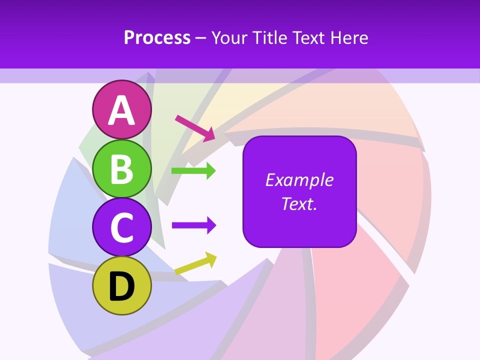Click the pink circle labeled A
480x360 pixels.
tap(121, 110)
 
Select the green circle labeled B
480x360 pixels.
tap(121, 169)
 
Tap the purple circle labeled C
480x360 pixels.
tap(121, 227)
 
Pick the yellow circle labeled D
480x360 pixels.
tap(121, 286)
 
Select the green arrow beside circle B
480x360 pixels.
tap(193, 171)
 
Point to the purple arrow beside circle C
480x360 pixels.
tap(193, 225)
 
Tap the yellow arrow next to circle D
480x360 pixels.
tap(195, 263)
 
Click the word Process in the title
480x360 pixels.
tap(157, 37)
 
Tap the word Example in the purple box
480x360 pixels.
tap(299, 180)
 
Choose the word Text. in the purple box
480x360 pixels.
tap(299, 203)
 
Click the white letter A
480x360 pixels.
tap(121, 110)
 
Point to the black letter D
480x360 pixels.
tap(121, 286)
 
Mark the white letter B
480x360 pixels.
tap(121, 169)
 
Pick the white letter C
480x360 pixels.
tap(121, 228)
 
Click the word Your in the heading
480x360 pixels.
tap(229, 37)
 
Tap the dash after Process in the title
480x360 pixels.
tap(201, 38)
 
